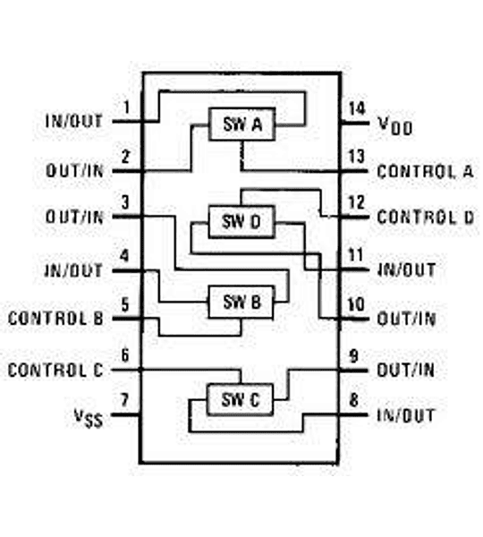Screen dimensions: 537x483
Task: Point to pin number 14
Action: [357, 109]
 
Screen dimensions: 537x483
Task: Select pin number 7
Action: [126, 398]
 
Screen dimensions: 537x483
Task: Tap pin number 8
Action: [356, 399]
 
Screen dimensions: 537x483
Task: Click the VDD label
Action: [394, 126]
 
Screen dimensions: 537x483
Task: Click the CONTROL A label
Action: [425, 170]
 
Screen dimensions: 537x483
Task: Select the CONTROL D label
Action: [425, 217]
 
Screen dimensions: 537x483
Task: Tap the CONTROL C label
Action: [55, 369]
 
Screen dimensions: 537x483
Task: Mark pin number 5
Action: [126, 303]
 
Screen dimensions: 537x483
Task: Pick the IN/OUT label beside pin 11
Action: [406, 268]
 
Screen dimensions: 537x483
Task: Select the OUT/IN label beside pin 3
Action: [74, 217]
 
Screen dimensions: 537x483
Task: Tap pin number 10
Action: [357, 304]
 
